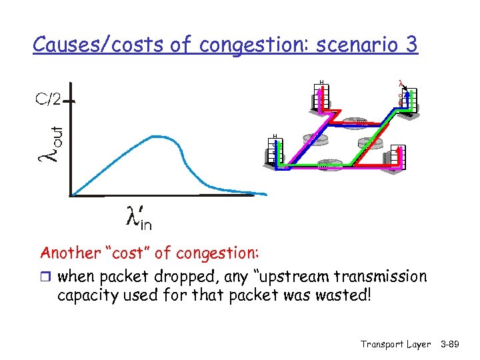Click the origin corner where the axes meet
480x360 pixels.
point(71,195)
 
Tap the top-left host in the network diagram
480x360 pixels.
point(321,97)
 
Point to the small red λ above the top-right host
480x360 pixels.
point(400,84)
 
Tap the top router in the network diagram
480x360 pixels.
point(360,122)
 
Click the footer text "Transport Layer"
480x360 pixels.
point(395,344)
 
